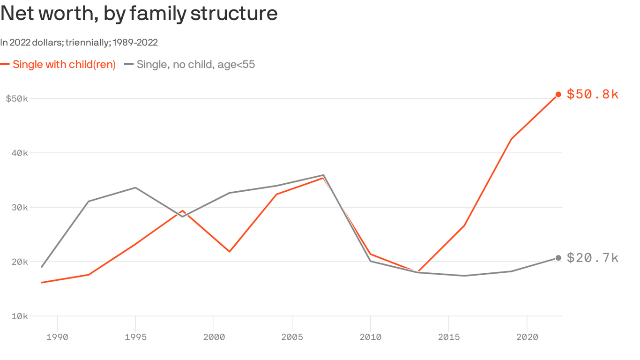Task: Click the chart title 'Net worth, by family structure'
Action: pyautogui.click(x=139, y=14)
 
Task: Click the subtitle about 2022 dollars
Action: pyautogui.click(x=79, y=43)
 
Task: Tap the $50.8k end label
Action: pyautogui.click(x=593, y=94)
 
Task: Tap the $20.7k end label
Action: pyautogui.click(x=593, y=258)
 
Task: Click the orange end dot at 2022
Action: pyautogui.click(x=558, y=95)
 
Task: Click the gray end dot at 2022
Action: pyautogui.click(x=558, y=258)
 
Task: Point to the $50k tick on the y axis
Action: pyautogui.click(x=17, y=99)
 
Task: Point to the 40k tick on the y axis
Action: pyautogui.click(x=19, y=153)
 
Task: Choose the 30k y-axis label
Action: pyautogui.click(x=19, y=208)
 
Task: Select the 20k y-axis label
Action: pyautogui.click(x=19, y=262)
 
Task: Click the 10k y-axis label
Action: pyautogui.click(x=19, y=316)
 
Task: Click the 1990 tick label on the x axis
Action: pyautogui.click(x=57, y=337)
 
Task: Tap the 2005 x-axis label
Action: pyautogui.click(x=292, y=337)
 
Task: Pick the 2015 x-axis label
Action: pyautogui.click(x=448, y=337)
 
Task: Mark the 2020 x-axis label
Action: pyautogui.click(x=527, y=337)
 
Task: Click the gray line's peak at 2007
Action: pyautogui.click(x=323, y=175)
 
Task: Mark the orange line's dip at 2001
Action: pyautogui.click(x=230, y=252)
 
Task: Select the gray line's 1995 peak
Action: pyautogui.click(x=135, y=187)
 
